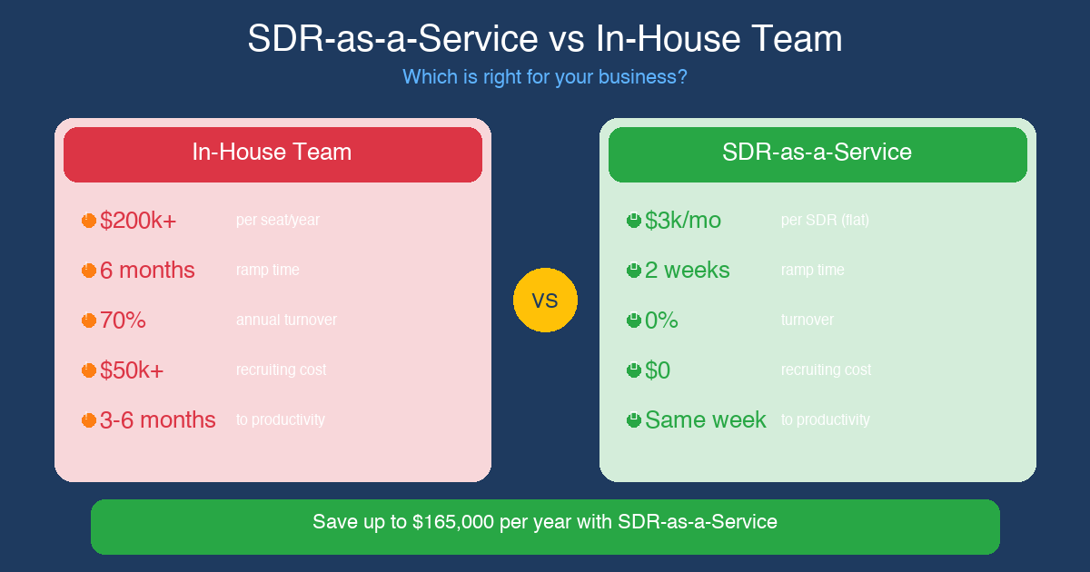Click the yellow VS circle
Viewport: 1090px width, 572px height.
tap(545, 300)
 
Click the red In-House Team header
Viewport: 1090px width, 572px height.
tap(272, 153)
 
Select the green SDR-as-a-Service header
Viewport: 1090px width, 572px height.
tap(817, 153)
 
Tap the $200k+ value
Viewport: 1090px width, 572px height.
tap(138, 221)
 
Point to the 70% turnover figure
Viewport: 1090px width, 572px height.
tap(123, 321)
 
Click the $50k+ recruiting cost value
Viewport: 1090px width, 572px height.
tap(132, 370)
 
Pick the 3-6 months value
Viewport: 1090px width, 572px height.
tap(158, 420)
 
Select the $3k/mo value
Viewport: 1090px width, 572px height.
tap(682, 221)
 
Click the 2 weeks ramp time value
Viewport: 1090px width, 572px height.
tap(687, 271)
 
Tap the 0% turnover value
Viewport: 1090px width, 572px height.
tap(661, 321)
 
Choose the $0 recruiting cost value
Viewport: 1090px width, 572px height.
tap(658, 370)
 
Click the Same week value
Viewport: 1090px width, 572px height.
tap(705, 420)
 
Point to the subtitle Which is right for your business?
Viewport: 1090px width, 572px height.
tap(545, 77)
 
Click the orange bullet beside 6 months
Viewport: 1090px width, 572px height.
tap(89, 271)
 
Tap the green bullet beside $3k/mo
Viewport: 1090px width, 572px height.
tap(634, 221)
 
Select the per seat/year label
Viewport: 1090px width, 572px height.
tap(278, 221)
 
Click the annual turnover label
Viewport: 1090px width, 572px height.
tap(286, 321)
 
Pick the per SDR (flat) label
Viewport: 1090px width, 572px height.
tap(825, 221)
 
